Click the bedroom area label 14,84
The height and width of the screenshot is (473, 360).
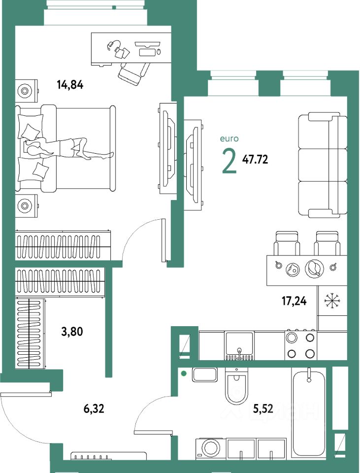pos(70,84)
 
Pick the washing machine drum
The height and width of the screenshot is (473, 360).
pos(211,448)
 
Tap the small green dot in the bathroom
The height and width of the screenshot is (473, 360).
pos(183,374)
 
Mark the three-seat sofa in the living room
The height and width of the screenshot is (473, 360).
pos(323,165)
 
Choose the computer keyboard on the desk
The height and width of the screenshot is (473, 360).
pos(148,52)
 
